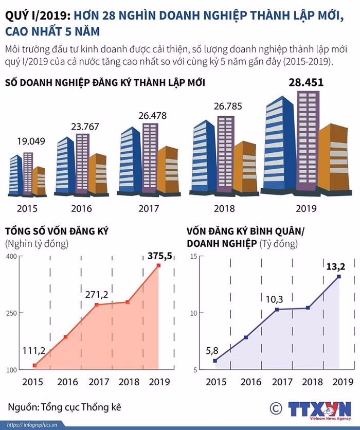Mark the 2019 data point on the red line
(158, 265)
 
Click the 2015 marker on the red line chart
(34, 365)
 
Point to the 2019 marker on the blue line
(339, 276)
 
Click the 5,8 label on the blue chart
(212, 350)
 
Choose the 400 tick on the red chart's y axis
(12, 256)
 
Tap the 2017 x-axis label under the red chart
(96, 382)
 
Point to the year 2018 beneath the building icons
(224, 209)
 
